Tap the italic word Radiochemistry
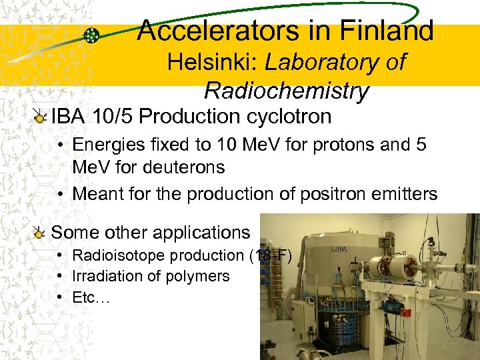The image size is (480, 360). (287, 90)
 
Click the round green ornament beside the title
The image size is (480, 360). (93, 36)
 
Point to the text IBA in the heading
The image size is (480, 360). (70, 117)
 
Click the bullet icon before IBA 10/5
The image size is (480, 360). (41, 117)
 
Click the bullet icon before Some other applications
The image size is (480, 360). (41, 233)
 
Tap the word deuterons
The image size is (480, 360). (180, 167)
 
